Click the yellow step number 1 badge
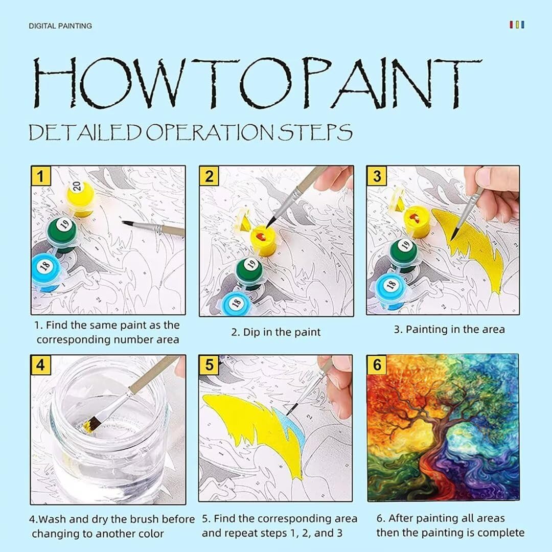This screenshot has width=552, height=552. pos(41,176)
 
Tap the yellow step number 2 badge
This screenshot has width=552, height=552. pos(209,176)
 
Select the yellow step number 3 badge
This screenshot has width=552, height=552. pos(377,176)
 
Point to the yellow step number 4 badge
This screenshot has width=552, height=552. pos(41,365)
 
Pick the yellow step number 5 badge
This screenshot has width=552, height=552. pos(209,365)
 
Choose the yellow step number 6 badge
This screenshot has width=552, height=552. pos(377,365)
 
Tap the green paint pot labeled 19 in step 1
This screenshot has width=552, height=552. pos(63,234)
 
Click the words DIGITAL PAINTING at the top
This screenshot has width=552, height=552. pos(60,26)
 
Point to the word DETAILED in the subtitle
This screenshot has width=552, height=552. pos(85,132)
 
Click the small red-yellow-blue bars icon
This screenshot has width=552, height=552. pos(517,25)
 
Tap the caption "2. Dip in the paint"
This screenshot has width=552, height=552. pos(276,332)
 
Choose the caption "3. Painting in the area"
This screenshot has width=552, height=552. pos(449,330)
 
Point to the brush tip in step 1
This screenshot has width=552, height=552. pos(124,222)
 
